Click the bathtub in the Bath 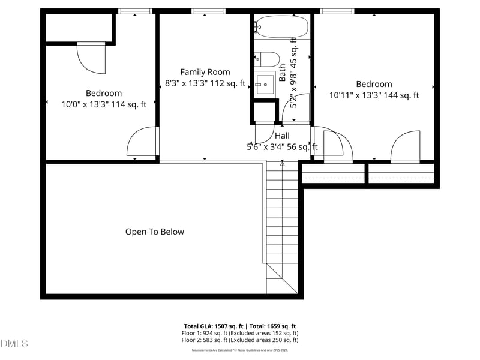click(x=281, y=27)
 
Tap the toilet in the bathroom click(x=268, y=59)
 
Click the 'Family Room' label click(x=205, y=72)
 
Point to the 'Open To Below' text click(x=155, y=232)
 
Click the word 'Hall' click(x=282, y=136)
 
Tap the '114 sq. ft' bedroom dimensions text click(x=104, y=104)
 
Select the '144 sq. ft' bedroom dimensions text click(x=374, y=95)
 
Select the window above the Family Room click(x=208, y=11)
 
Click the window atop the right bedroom click(x=337, y=11)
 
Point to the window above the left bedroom click(x=135, y=11)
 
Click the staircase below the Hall click(x=282, y=222)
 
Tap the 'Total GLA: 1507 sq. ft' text click(x=212, y=326)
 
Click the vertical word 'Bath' click(x=283, y=73)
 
